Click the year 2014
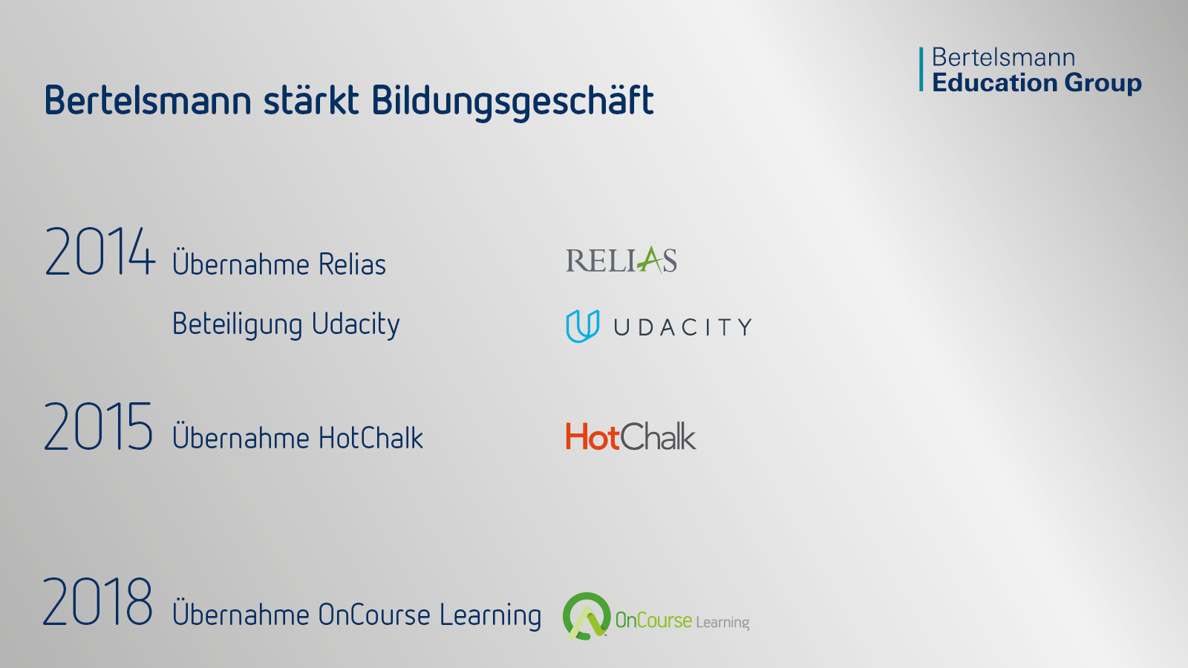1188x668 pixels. tap(100, 252)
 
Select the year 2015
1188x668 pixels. tap(99, 426)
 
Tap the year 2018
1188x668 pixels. tap(97, 602)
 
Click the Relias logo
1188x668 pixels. tap(621, 260)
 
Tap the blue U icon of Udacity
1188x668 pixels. tap(582, 326)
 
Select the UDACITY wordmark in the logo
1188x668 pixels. tap(683, 327)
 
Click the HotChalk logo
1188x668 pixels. tap(630, 436)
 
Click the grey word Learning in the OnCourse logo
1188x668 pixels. tap(722, 623)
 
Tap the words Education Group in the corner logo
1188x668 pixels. tap(1037, 83)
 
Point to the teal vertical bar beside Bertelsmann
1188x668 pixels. tap(921, 69)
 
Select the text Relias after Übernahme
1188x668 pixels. tap(352, 263)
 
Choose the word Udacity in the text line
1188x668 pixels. tap(356, 324)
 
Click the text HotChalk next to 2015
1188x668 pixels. tap(371, 438)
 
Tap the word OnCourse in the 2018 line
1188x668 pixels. tap(374, 615)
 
